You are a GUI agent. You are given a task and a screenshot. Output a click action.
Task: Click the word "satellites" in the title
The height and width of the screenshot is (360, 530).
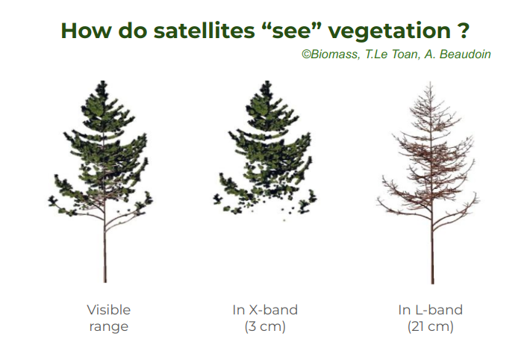204,31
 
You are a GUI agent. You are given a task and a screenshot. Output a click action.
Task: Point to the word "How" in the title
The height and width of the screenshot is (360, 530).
86,31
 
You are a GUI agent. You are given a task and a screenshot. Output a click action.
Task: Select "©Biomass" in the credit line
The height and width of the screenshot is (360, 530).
331,55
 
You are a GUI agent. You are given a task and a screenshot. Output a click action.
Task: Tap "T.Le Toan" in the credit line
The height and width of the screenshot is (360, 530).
391,54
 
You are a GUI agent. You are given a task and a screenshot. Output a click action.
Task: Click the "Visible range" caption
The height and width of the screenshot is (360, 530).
109,318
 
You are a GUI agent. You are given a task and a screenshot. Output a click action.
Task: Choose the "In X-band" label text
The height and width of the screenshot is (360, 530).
265,310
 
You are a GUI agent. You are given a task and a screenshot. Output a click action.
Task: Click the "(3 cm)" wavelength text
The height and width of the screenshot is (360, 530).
265,327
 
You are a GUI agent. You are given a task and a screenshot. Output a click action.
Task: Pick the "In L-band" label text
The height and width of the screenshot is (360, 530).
430,310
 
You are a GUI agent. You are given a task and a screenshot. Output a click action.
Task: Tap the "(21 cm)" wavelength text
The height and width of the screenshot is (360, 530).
430,327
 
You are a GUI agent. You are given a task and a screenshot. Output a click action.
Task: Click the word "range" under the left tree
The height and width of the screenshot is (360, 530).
109,327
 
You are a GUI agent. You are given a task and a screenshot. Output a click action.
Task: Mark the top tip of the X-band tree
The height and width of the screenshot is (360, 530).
267,81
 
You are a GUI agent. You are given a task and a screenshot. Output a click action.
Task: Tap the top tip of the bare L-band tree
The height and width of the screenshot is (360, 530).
430,81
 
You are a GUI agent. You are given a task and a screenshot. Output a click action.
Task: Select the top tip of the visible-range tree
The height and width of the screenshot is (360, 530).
104,81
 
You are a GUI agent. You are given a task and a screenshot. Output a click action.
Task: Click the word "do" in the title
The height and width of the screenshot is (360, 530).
133,31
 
